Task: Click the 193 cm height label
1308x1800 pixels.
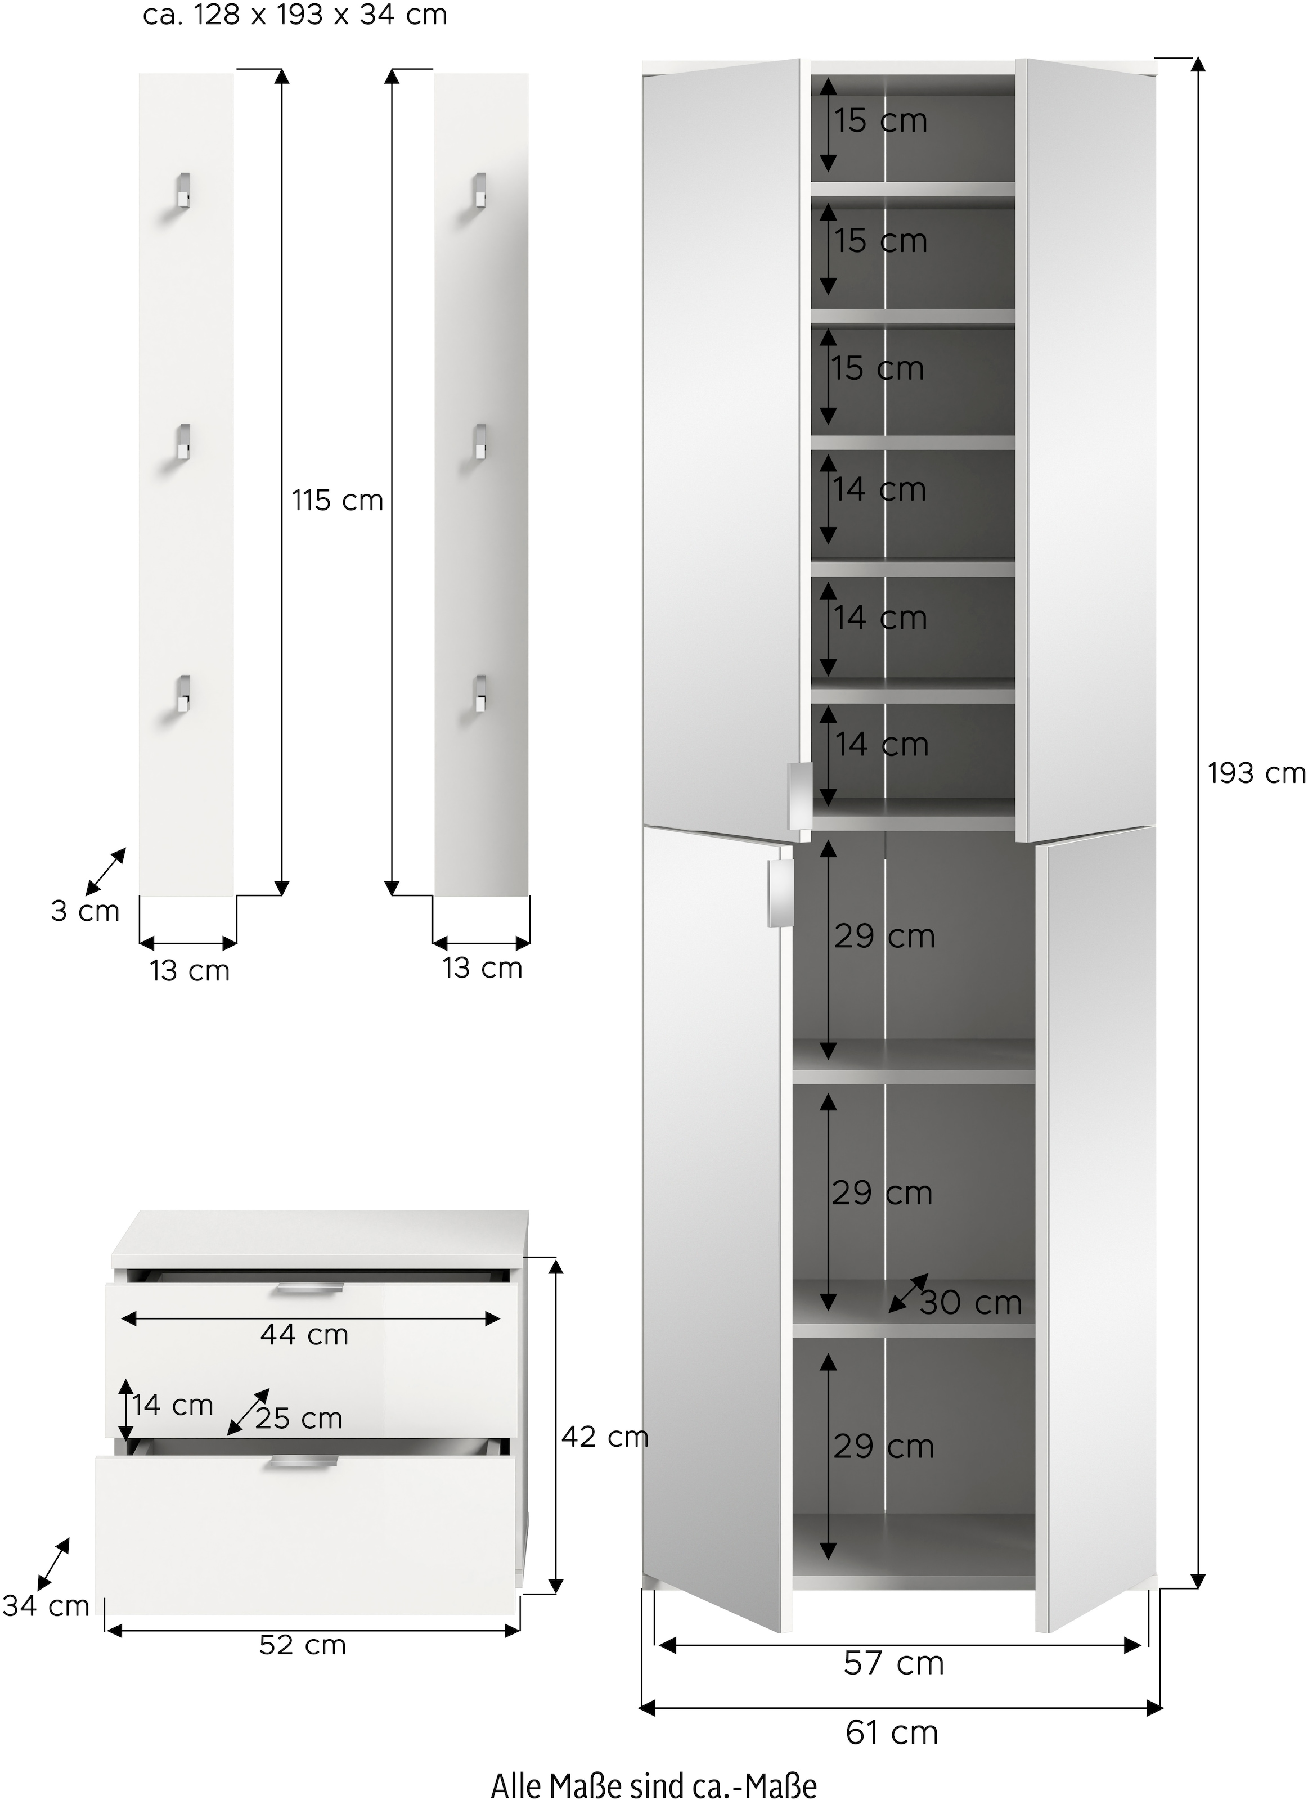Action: pos(1256,773)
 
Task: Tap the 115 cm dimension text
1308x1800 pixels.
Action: pos(338,501)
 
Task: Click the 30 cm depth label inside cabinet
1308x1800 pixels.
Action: pos(970,1302)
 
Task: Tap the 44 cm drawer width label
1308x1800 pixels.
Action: pos(305,1335)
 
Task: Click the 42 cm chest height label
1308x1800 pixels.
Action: pos(605,1437)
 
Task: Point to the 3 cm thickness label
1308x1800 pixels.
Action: pos(85,911)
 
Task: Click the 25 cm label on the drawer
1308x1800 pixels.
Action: pos(298,1418)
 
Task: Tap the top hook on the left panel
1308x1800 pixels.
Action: pos(182,191)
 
